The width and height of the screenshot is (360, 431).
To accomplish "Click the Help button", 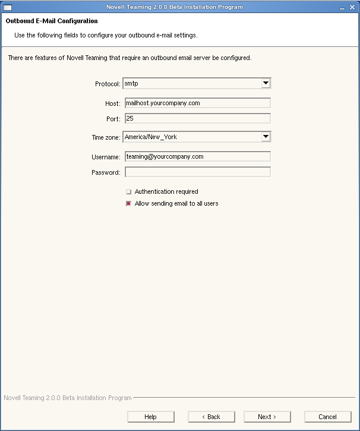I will pos(150,417).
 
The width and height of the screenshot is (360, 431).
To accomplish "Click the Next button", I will pos(267,417).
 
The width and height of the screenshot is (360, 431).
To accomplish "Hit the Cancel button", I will pos(327,417).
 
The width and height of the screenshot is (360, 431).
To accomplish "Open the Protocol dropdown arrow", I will pos(266,83).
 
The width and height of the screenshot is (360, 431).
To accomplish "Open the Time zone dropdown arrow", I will pos(266,137).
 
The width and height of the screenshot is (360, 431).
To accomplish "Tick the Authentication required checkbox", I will pos(128,192).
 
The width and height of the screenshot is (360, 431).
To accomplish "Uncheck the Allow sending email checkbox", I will pos(128,204).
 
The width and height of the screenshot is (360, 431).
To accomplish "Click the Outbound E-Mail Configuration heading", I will pos(52,21).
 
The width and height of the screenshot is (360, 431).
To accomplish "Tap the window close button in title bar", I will pos(352,7).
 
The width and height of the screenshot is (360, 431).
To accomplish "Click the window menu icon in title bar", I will pos(8,7).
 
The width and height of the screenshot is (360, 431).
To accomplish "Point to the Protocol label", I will pos(108,84).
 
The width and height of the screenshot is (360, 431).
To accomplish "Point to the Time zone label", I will pos(106,137).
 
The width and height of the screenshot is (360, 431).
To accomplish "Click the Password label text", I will pos(106,172).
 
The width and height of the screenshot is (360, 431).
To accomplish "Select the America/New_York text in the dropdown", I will pos(151,137).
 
